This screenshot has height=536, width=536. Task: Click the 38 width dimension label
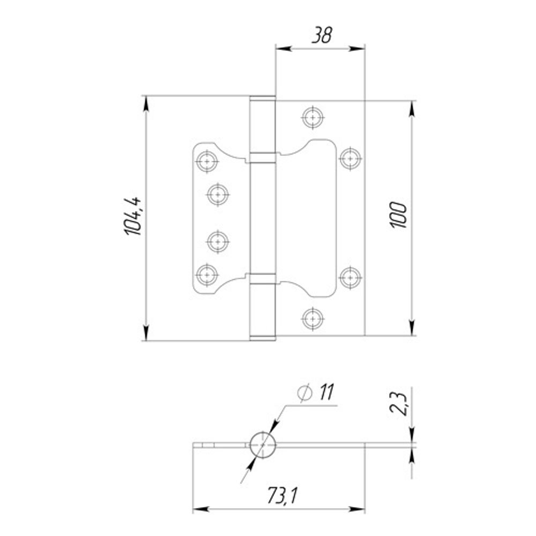point(321,35)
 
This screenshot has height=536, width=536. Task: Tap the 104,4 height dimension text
point(132,217)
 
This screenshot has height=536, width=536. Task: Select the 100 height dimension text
point(398,215)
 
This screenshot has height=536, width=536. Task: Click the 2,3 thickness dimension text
point(398,404)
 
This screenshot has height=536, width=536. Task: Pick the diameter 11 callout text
point(316,392)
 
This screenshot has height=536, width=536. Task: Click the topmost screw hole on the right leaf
point(313,117)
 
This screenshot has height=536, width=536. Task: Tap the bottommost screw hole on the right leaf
point(313,318)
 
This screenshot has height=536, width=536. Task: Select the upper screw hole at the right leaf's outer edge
point(351,159)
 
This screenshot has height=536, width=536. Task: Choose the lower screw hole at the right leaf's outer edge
point(351,277)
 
